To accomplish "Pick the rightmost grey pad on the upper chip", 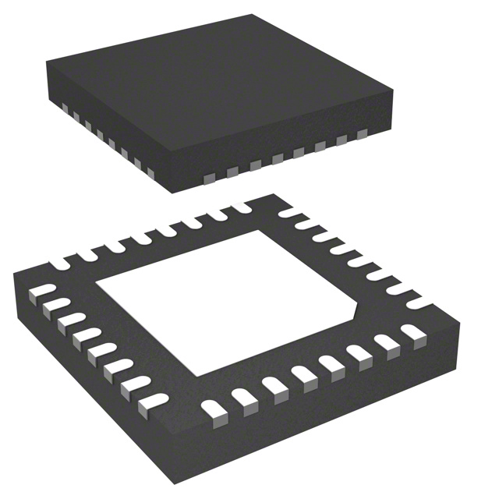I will pyautogui.click(x=361, y=136).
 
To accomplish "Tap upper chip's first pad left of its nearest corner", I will pyautogui.click(x=151, y=171).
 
